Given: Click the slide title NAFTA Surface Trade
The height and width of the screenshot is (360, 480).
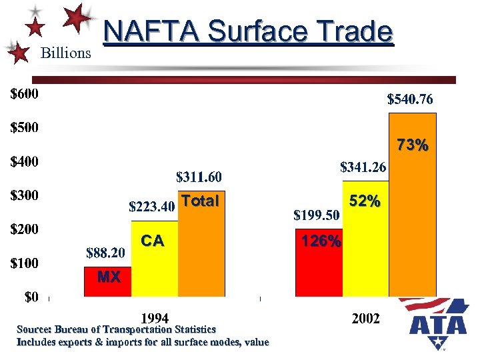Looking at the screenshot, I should [x=248, y=31].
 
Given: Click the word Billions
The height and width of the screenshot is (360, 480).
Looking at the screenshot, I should [x=66, y=53].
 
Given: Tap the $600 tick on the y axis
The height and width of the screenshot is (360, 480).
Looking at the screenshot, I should [x=24, y=94].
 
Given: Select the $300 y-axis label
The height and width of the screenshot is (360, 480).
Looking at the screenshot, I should [x=24, y=196].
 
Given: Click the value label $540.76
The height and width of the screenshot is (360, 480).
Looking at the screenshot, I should [x=410, y=100].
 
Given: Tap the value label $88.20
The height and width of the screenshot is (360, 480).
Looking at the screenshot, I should [x=105, y=253].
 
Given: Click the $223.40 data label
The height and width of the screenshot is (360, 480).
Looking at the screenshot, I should [x=151, y=207].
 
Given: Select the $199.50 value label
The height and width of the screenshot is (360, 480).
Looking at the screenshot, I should [x=317, y=215].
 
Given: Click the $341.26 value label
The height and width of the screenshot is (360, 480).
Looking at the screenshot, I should [x=363, y=167].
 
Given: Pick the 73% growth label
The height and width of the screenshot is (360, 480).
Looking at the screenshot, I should [x=413, y=145].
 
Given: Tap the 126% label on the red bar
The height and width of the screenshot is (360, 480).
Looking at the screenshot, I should [x=321, y=241].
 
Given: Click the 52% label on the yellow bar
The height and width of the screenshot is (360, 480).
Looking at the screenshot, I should [x=365, y=201].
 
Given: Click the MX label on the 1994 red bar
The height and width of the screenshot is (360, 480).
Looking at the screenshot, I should [x=108, y=277].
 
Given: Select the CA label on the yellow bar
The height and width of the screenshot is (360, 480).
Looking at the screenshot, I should [x=153, y=241].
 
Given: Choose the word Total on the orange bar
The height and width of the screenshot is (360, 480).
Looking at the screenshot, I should [x=200, y=201].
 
